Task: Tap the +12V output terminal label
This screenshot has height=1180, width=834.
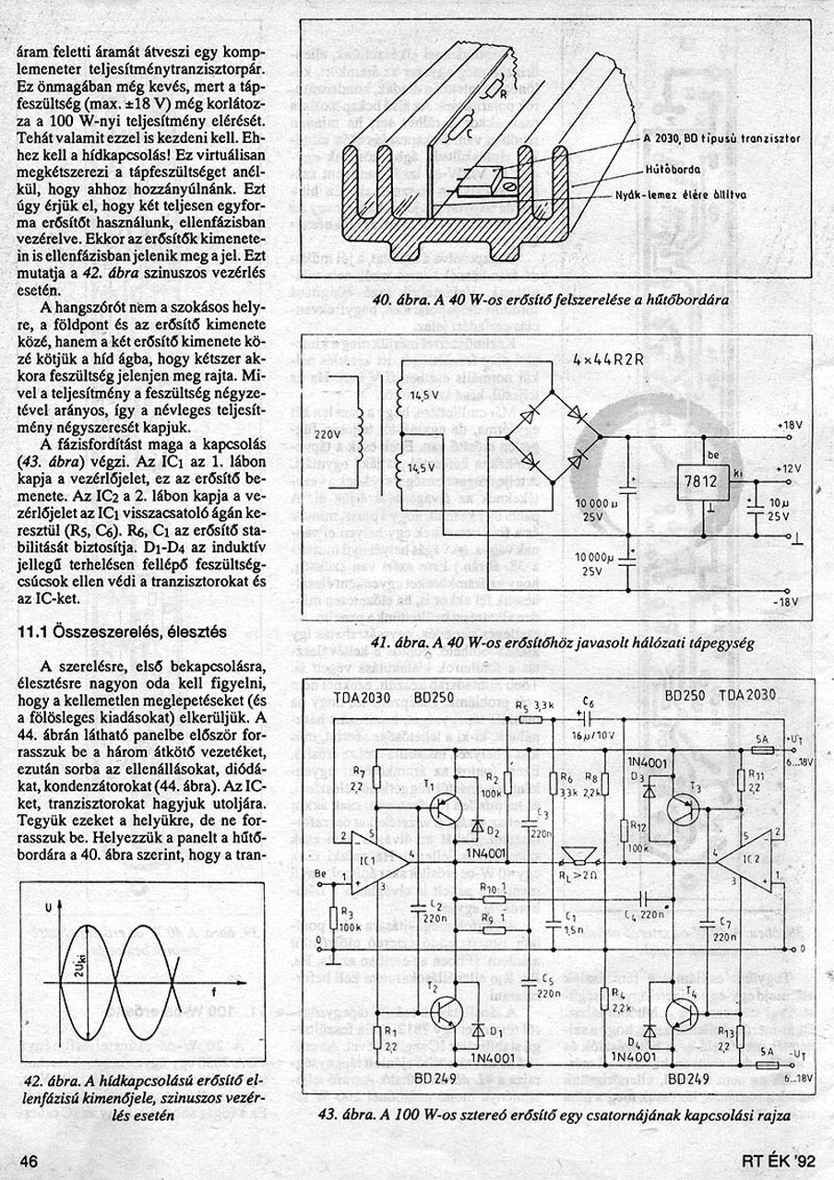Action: click(x=790, y=469)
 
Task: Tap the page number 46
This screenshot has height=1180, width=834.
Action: click(x=28, y=1159)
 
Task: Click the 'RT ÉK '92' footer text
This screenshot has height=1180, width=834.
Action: click(x=779, y=1160)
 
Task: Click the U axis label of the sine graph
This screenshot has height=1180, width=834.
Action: click(x=47, y=909)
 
